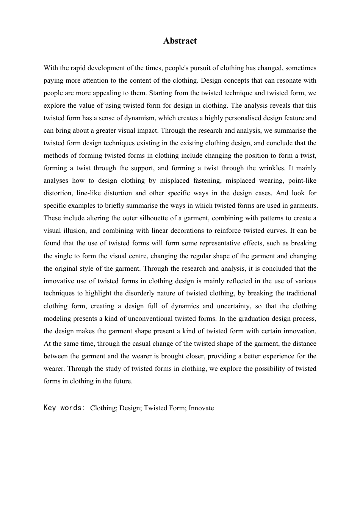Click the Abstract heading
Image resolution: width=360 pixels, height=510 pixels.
(180, 41)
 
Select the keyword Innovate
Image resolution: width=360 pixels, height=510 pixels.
(201, 408)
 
